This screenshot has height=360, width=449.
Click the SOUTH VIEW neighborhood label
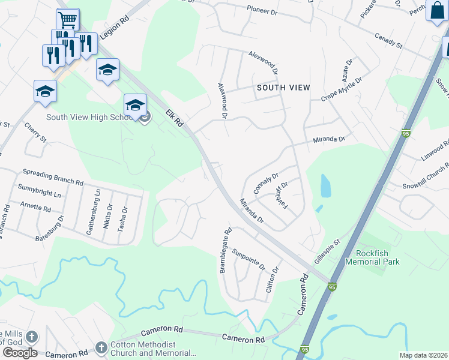click(283, 88)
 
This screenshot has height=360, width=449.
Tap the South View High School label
click(88, 117)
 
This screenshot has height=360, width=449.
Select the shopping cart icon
click(68, 20)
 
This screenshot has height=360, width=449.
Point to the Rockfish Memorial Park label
click(373, 257)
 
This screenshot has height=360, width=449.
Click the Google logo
click(20, 352)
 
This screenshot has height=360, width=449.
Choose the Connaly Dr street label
click(265, 184)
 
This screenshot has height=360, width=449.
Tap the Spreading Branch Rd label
click(53, 176)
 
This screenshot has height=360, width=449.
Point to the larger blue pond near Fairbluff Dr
click(325, 186)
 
